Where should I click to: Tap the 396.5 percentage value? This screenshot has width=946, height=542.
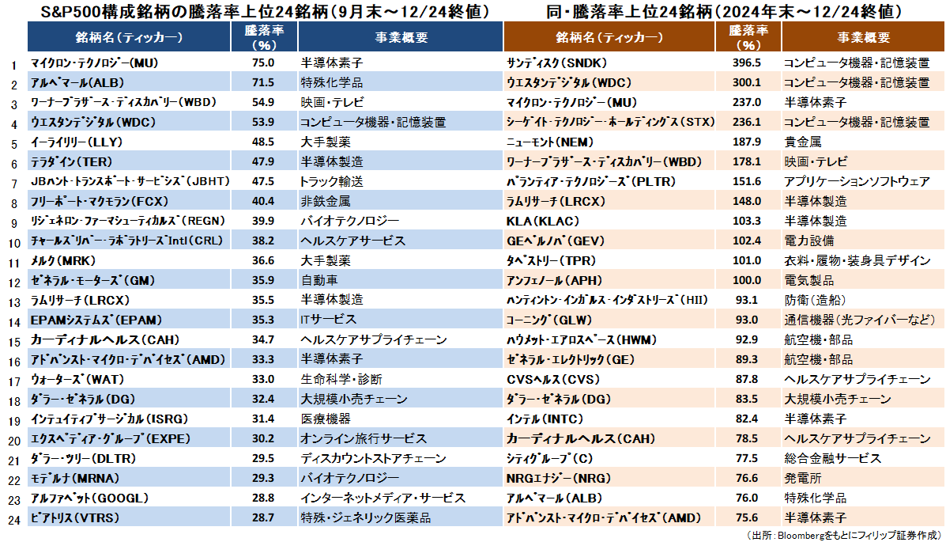point(748,63)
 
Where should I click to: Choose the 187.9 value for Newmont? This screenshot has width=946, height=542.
point(748,142)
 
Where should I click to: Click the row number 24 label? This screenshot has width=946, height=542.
point(13,519)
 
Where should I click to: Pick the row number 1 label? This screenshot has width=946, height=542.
point(13,64)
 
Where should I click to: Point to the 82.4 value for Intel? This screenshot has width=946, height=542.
point(748,419)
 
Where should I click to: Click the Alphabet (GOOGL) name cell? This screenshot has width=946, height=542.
point(89,498)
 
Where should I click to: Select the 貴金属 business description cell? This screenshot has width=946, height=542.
point(801,142)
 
